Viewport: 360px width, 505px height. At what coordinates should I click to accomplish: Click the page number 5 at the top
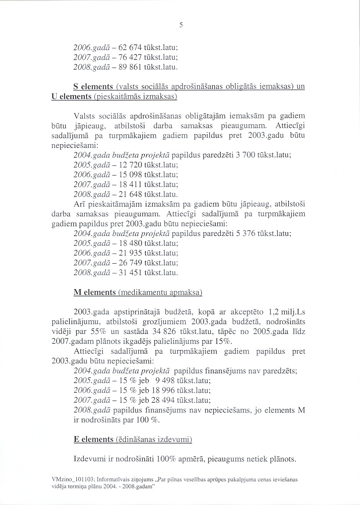point(180,25)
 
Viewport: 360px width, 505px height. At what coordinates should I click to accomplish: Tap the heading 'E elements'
point(94,439)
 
